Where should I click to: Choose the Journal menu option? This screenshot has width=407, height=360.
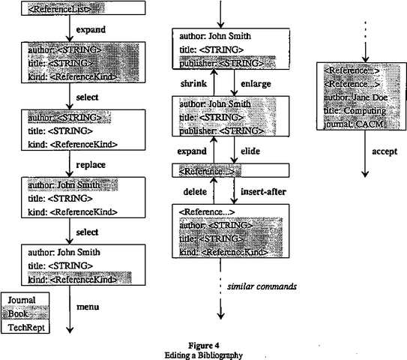[21, 300]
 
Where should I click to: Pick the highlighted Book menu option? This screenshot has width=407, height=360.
[21, 313]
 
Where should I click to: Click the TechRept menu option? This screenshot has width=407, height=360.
[24, 328]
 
